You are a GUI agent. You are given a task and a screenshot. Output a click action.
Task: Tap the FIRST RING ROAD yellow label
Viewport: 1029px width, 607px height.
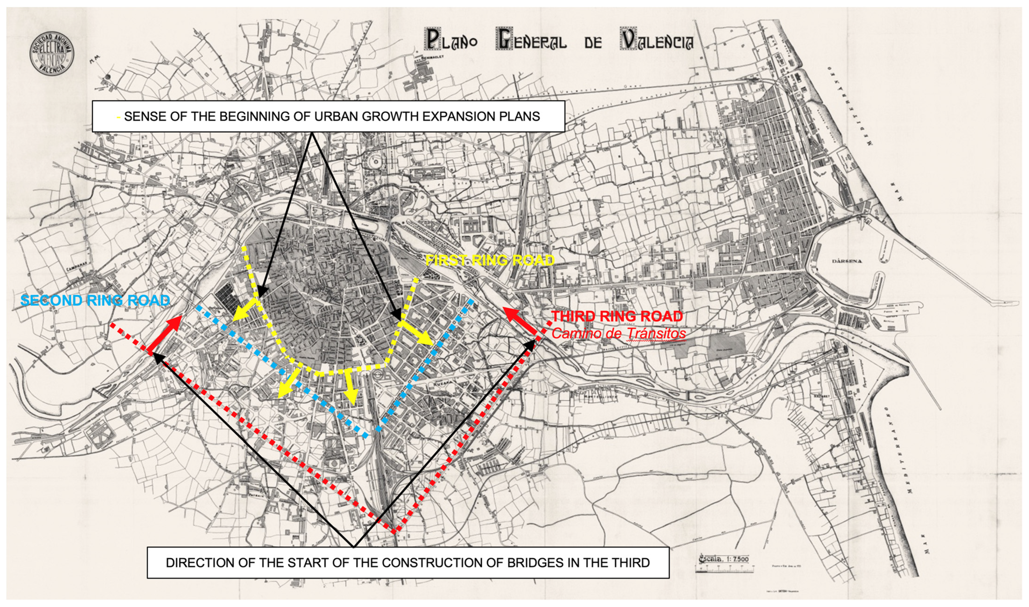point(490,260)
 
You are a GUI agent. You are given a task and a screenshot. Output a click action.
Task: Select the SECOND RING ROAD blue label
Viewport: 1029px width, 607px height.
point(95,301)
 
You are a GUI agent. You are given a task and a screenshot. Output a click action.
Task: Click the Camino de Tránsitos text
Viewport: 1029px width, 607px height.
point(618,333)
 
